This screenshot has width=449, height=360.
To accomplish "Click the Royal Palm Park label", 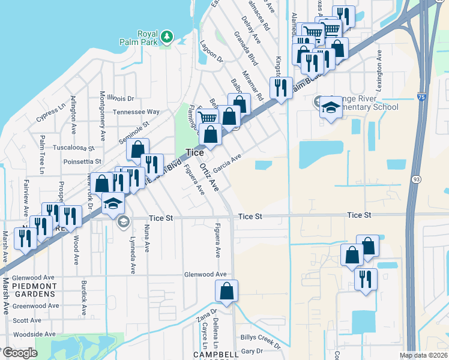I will (x=147, y=38).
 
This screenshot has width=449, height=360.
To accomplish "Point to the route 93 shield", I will (x=416, y=179).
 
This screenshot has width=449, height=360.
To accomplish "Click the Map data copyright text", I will (x=423, y=355).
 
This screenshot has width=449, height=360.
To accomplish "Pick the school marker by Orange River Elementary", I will (x=330, y=108).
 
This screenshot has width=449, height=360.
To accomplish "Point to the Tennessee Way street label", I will (x=137, y=112).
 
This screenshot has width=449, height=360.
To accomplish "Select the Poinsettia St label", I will (x=82, y=161).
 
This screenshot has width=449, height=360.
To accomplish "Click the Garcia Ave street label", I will (x=227, y=162).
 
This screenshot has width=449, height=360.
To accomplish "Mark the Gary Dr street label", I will (x=252, y=351).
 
